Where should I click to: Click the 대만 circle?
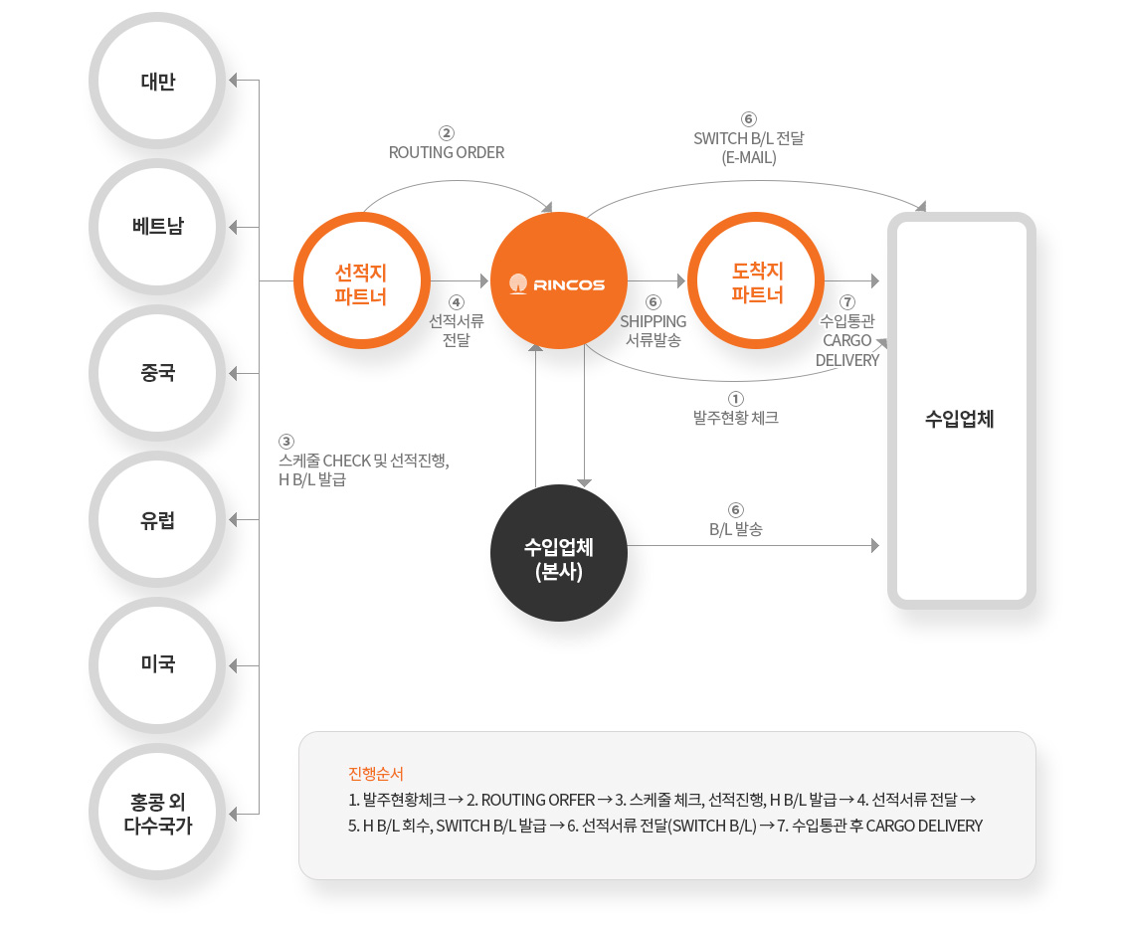157,81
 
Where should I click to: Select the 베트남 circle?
157,227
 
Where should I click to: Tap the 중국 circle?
157,373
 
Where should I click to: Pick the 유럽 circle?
157,519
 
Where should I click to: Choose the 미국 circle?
157,665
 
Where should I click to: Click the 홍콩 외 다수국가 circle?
157,812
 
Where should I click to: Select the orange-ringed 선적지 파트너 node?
362,281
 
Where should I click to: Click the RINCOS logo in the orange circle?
558,284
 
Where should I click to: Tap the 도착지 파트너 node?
756,280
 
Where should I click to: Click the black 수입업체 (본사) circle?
559,553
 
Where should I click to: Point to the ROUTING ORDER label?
447,152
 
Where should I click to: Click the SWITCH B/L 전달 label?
748,138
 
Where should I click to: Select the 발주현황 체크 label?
736,418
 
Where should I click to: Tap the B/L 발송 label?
736,529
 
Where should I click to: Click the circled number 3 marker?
286,442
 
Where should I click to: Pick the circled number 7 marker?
847,302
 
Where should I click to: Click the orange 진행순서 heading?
376,774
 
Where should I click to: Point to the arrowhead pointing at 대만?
233,81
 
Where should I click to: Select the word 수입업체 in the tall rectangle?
960,419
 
